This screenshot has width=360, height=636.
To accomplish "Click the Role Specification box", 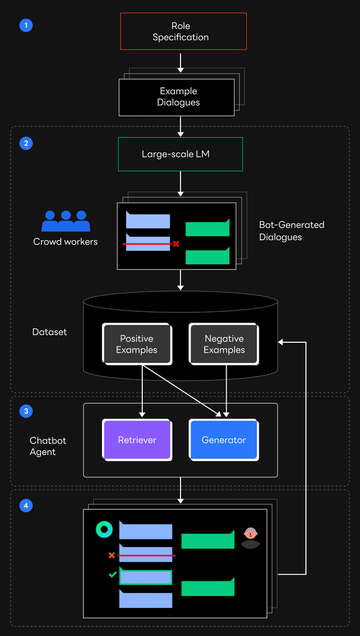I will [x=183, y=32].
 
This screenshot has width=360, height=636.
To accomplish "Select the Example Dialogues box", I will [x=177, y=97].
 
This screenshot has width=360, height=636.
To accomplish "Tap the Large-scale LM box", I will [x=180, y=154].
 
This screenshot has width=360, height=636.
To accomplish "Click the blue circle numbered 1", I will [x=26, y=25].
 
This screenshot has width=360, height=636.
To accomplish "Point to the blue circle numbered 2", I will [x=26, y=143].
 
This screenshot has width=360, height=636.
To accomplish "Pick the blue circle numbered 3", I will [x=26, y=411].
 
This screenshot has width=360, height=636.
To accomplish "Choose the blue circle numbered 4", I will [x=26, y=505].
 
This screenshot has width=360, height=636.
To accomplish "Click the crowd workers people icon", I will [x=66, y=221].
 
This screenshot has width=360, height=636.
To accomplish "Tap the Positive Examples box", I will [x=137, y=344].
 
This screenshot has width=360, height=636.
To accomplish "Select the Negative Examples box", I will [x=224, y=344].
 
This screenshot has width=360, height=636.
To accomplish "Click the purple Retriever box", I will [x=137, y=440].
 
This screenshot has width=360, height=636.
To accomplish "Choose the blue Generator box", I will [x=224, y=440].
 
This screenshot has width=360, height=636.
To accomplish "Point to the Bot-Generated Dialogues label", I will [x=291, y=231].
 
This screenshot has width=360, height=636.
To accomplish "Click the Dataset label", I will [x=49, y=332].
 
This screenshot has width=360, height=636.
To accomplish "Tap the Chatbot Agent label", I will [x=47, y=446].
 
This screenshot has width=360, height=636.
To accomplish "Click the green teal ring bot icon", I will [x=104, y=530].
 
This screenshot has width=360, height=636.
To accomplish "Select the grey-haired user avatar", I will [x=250, y=537].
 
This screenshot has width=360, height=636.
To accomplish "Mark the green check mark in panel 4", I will [x=112, y=575].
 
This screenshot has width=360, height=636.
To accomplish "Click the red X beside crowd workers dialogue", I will [x=176, y=244].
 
